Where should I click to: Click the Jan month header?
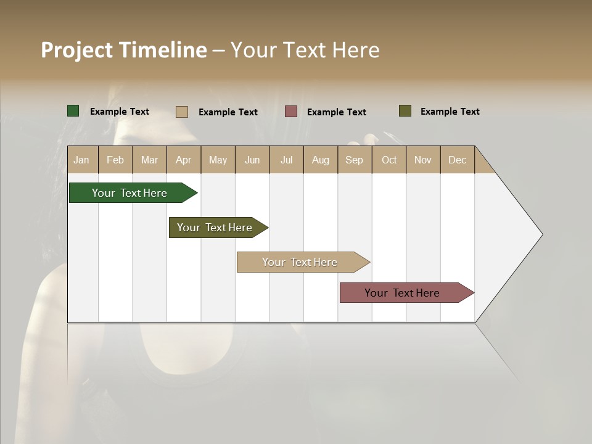click(81, 160)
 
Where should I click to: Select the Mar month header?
click(149, 160)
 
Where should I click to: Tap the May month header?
click(218, 160)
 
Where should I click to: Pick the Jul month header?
click(286, 160)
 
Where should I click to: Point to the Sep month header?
click(354, 160)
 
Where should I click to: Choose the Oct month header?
click(389, 160)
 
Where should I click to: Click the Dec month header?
click(457, 160)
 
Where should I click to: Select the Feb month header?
click(115, 160)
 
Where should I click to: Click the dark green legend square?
click(73, 111)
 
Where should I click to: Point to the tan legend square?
click(181, 112)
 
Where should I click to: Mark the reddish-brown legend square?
click(291, 112)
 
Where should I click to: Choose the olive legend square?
click(405, 111)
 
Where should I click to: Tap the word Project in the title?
click(77, 50)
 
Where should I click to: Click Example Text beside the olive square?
click(450, 112)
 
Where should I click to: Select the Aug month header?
click(321, 160)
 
